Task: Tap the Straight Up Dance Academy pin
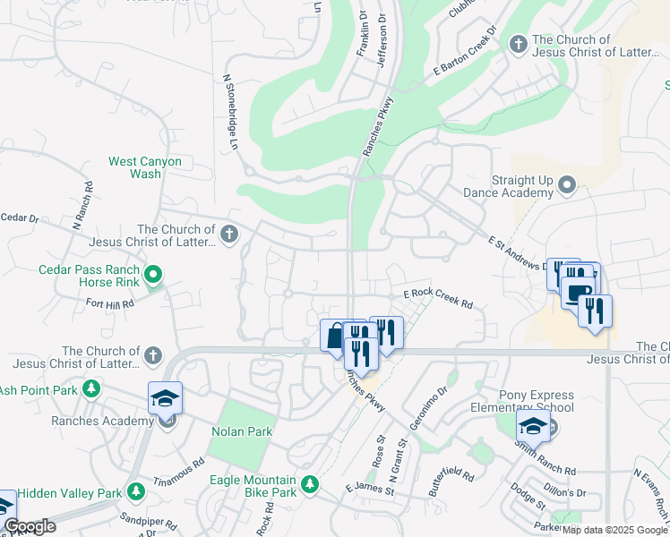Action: (x=565, y=186)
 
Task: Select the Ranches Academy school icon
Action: (x=165, y=399)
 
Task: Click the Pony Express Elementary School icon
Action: (x=533, y=427)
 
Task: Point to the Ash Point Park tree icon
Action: (x=90, y=389)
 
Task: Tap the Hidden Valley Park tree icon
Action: (x=135, y=492)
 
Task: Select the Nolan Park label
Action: (x=241, y=431)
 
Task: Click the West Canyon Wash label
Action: (x=145, y=167)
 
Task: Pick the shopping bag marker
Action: (x=334, y=336)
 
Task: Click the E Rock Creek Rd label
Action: (x=437, y=298)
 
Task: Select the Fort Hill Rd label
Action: (x=110, y=303)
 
